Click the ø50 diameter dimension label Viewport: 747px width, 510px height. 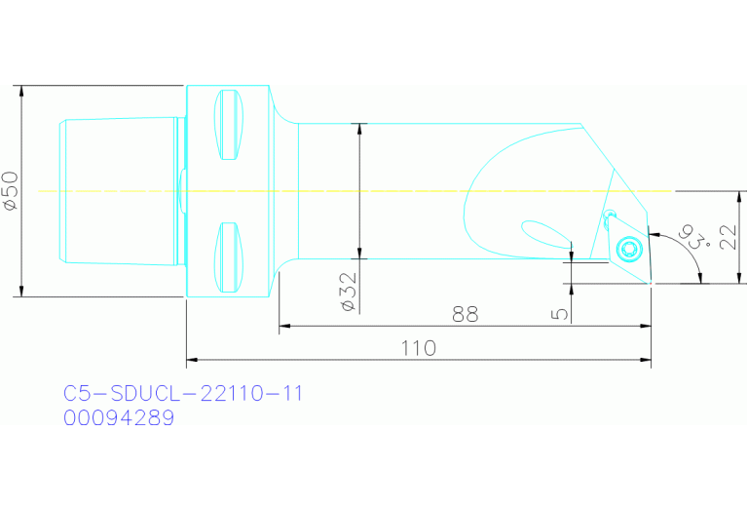pyautogui.click(x=10, y=191)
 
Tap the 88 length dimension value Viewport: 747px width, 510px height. pyautogui.click(x=465, y=315)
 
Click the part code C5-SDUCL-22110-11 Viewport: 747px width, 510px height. pyautogui.click(x=183, y=394)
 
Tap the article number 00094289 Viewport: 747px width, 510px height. pyautogui.click(x=119, y=418)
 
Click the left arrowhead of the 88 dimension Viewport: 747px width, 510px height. pyautogui.click(x=284, y=327)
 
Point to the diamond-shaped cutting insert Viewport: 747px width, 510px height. pyautogui.click(x=629, y=250)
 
